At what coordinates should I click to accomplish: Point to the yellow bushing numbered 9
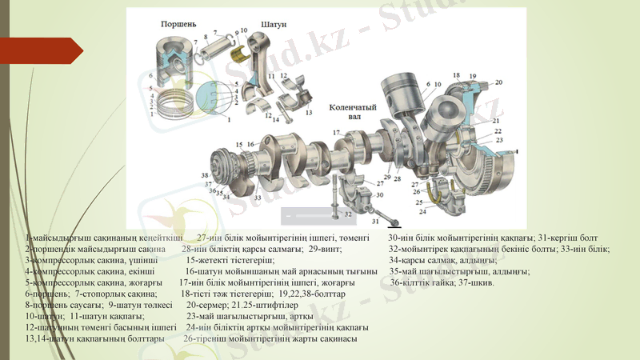tap(237, 54)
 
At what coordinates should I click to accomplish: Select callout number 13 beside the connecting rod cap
tap(308, 113)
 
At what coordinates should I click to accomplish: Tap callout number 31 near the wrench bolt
tap(374, 220)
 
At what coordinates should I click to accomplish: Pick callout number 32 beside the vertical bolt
tap(347, 214)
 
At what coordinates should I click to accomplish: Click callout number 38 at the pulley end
tap(206, 175)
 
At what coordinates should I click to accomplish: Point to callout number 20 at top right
tap(498, 82)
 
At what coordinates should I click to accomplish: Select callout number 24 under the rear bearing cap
tap(444, 212)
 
